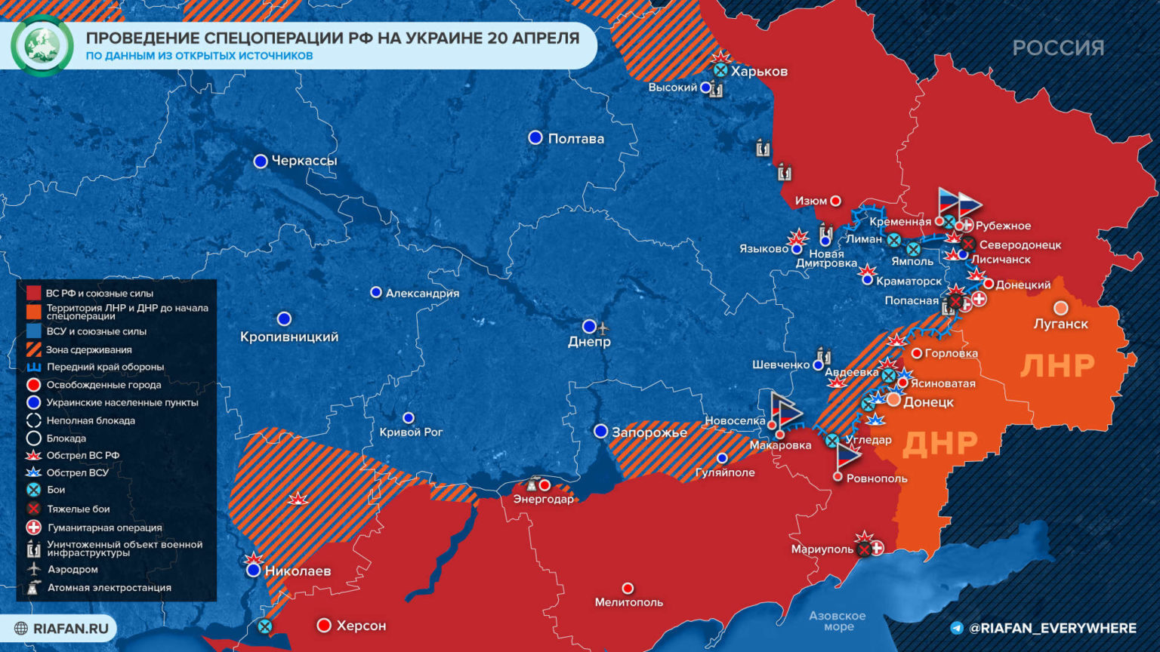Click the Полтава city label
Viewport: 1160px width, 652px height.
click(x=575, y=139)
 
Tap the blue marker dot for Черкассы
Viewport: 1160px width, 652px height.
click(x=261, y=161)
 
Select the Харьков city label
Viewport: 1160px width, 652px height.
click(x=759, y=72)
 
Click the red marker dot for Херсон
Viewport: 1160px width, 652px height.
click(x=324, y=625)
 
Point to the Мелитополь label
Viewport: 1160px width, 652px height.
click(x=628, y=602)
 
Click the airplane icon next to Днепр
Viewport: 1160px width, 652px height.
click(x=603, y=328)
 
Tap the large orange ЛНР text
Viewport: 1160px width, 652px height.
click(x=1057, y=366)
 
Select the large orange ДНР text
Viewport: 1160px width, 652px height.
click(x=939, y=444)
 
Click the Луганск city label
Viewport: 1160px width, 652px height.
click(x=1060, y=324)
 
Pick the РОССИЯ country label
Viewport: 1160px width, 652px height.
click(x=1057, y=48)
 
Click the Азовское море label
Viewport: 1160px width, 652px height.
click(x=837, y=621)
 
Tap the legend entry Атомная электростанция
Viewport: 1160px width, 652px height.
click(x=109, y=587)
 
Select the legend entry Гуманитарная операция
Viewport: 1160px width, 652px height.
click(x=104, y=527)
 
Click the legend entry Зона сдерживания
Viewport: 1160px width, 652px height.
click(x=88, y=349)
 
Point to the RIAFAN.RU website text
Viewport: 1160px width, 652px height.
click(x=70, y=628)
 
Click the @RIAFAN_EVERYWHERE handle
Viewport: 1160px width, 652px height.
click(x=1052, y=628)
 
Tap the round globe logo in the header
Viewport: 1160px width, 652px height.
click(x=42, y=45)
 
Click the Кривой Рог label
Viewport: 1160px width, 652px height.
click(x=411, y=432)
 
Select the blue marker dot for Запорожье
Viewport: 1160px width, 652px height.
click(x=600, y=431)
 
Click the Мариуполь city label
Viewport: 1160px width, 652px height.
click(x=822, y=549)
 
